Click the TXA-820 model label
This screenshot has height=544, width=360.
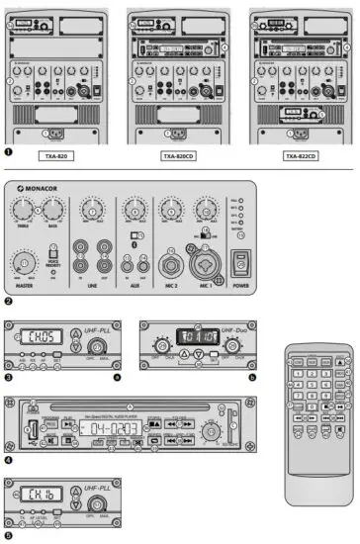57,156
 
